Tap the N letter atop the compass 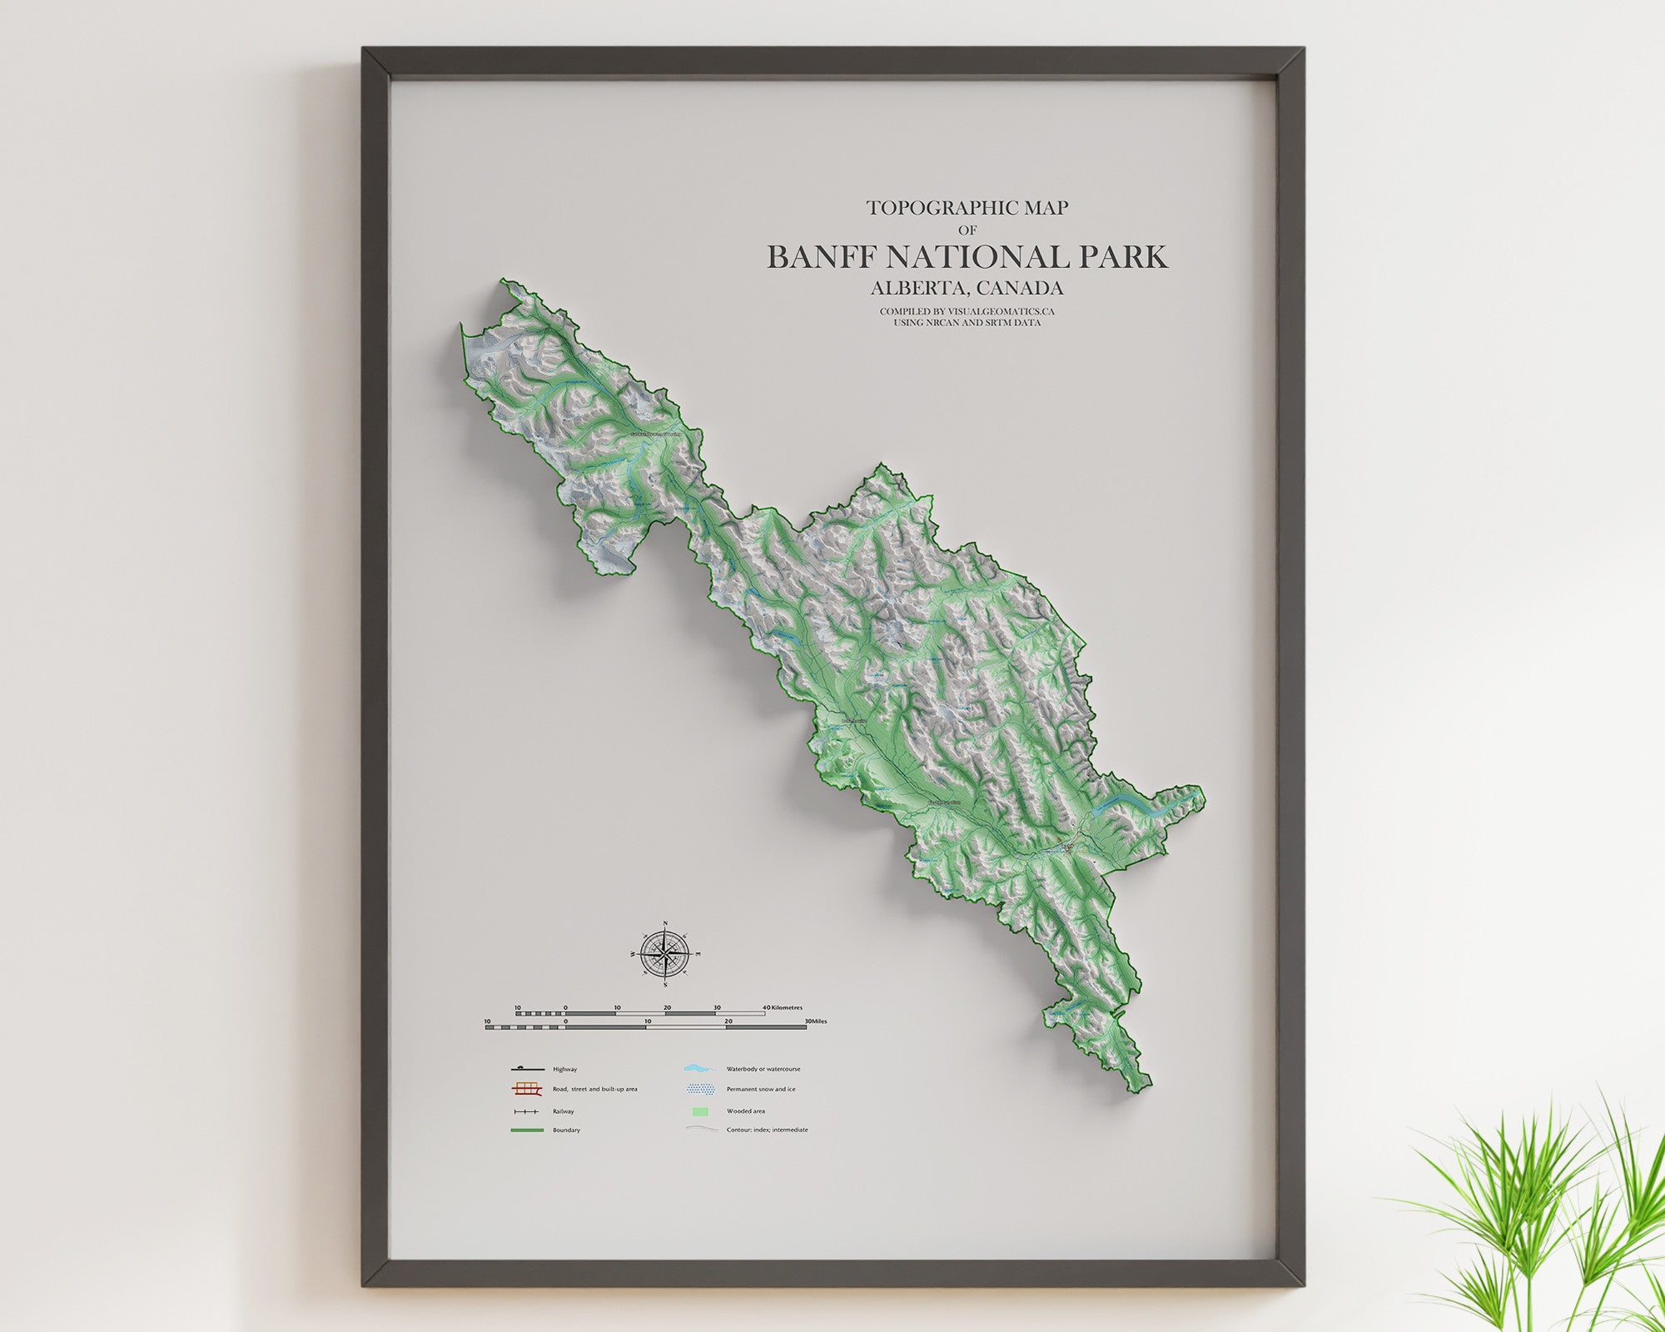point(665,923)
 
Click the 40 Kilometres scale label point(788,1008)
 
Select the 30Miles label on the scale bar point(815,1021)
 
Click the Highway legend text point(564,1069)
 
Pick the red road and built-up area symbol point(527,1089)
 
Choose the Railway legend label point(563,1111)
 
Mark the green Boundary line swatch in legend point(527,1130)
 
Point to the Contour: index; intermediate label point(767,1130)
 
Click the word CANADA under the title point(1021,288)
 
